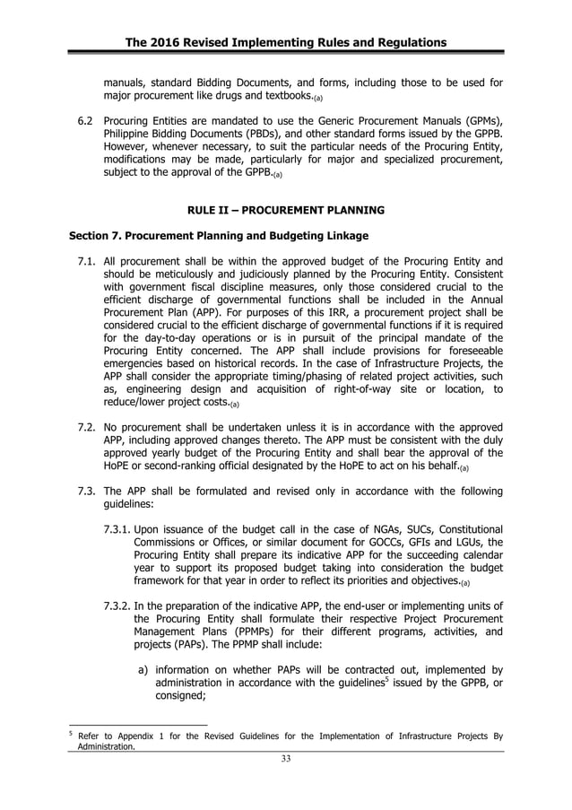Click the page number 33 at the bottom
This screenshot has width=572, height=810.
pyautogui.click(x=285, y=759)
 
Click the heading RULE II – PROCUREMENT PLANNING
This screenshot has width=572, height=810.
pyautogui.click(x=285, y=210)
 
